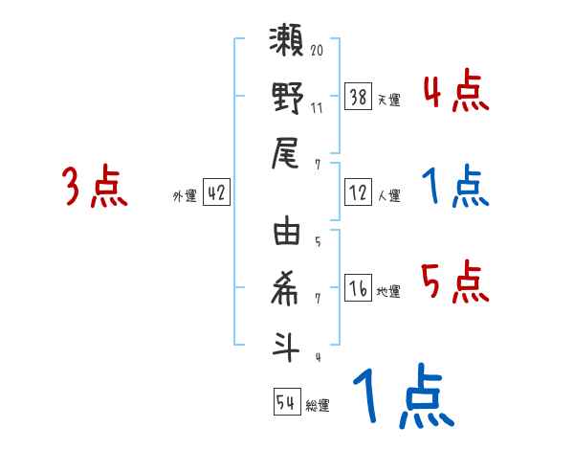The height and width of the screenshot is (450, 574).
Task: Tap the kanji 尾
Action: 288,153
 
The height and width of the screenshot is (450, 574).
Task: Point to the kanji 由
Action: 288,234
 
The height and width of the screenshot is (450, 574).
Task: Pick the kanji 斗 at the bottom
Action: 288,345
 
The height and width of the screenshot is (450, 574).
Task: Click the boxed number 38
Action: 359,97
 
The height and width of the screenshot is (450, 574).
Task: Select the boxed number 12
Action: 359,193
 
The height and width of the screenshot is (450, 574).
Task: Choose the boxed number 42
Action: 216,192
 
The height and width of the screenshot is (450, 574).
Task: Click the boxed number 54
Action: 286,402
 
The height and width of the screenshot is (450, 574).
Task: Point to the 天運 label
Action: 388,100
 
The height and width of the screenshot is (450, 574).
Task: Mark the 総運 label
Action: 317,406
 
